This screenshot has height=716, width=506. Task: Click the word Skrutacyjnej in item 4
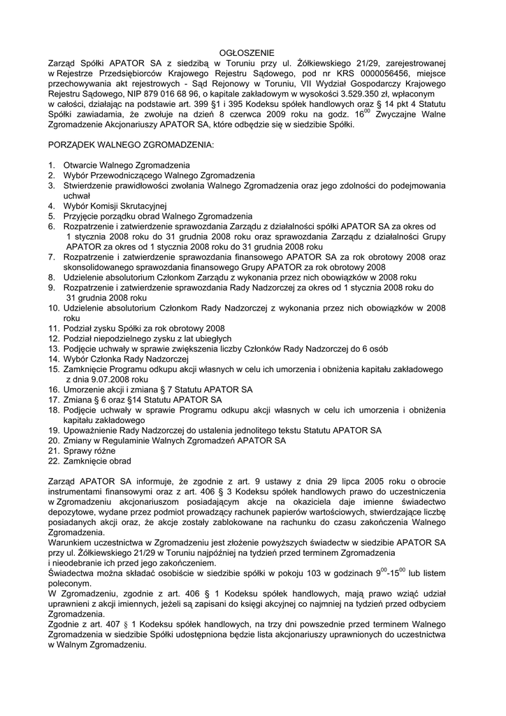tap(143, 206)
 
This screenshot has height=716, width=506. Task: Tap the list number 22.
tap(53, 461)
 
